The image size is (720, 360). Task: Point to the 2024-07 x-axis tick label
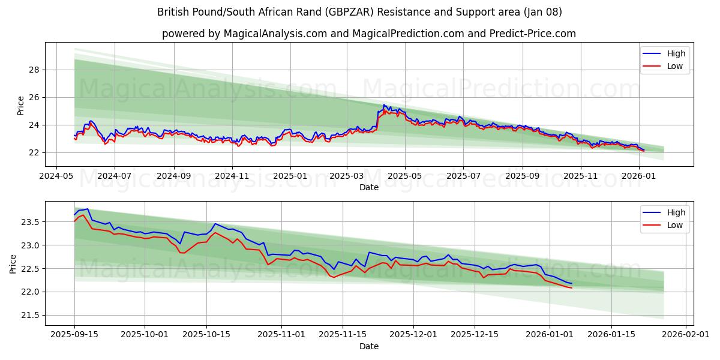tap(114, 177)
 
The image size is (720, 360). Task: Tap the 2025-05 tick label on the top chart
tap(404, 177)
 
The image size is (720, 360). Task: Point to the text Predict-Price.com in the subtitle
tap(536, 34)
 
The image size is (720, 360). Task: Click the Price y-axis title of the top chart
tap(20, 104)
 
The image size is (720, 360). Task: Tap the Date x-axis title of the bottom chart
tap(368, 346)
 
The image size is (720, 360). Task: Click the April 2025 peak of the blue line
tap(384, 105)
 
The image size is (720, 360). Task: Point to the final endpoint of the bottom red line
tap(572, 288)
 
